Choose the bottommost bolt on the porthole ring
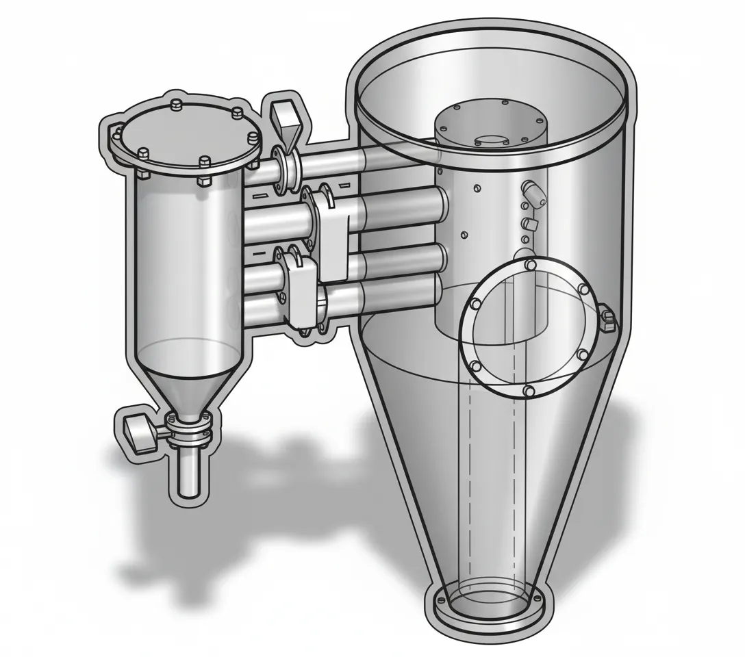tap(529, 390)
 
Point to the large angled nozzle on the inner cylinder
tap(534, 192)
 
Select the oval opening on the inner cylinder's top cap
tap(490, 140)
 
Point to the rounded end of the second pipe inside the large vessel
tap(441, 203)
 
